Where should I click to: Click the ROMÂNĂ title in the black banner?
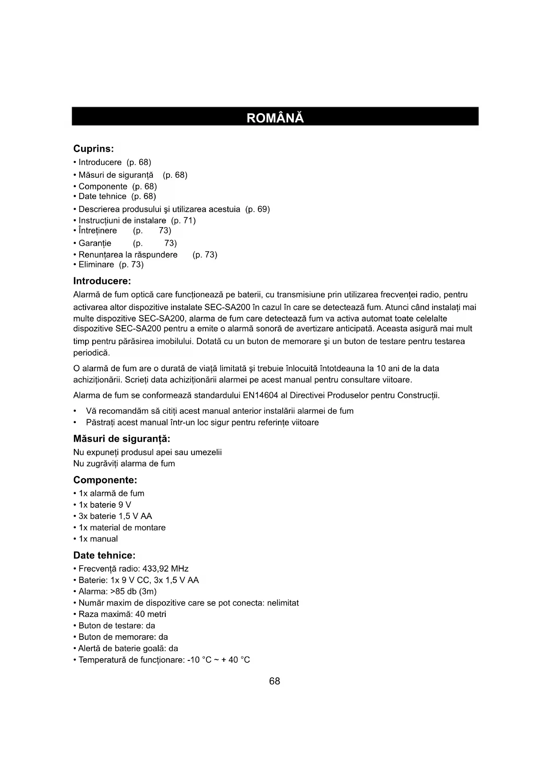click(275, 118)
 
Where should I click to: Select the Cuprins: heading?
click(94, 149)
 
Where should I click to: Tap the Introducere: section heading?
click(102, 281)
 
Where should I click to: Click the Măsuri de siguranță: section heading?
click(121, 439)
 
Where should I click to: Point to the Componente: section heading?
click(105, 480)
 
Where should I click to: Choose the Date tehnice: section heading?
click(104, 555)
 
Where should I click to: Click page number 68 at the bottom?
click(274, 681)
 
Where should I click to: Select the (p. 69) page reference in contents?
click(257, 209)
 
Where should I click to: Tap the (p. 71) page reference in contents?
click(183, 220)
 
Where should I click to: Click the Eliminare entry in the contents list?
click(96, 264)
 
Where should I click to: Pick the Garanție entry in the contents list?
click(95, 243)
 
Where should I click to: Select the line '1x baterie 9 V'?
click(105, 505)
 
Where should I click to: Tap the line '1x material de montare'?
click(122, 527)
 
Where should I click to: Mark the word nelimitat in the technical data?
click(283, 603)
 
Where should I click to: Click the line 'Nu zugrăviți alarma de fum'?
click(124, 464)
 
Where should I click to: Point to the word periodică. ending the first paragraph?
click(91, 353)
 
